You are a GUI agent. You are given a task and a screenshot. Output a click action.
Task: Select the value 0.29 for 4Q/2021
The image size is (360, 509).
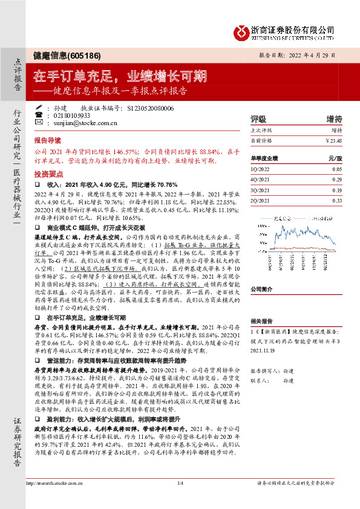336,180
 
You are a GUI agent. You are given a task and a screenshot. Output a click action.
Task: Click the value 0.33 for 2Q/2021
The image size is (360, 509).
336,200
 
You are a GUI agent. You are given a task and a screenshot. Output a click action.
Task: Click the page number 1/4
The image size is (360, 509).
180,500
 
